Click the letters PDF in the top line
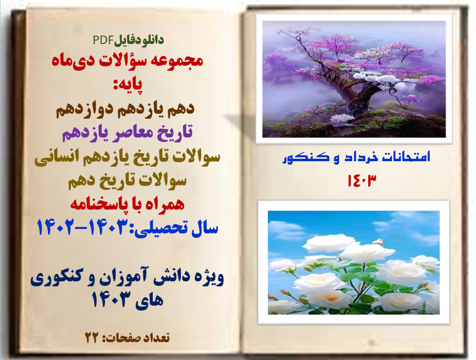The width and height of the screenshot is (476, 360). tap(103, 40)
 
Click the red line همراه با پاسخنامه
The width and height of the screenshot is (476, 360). tap(127, 203)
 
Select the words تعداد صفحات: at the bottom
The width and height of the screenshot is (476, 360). tap(136, 337)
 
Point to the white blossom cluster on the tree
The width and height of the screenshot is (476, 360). tap(382, 79)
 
